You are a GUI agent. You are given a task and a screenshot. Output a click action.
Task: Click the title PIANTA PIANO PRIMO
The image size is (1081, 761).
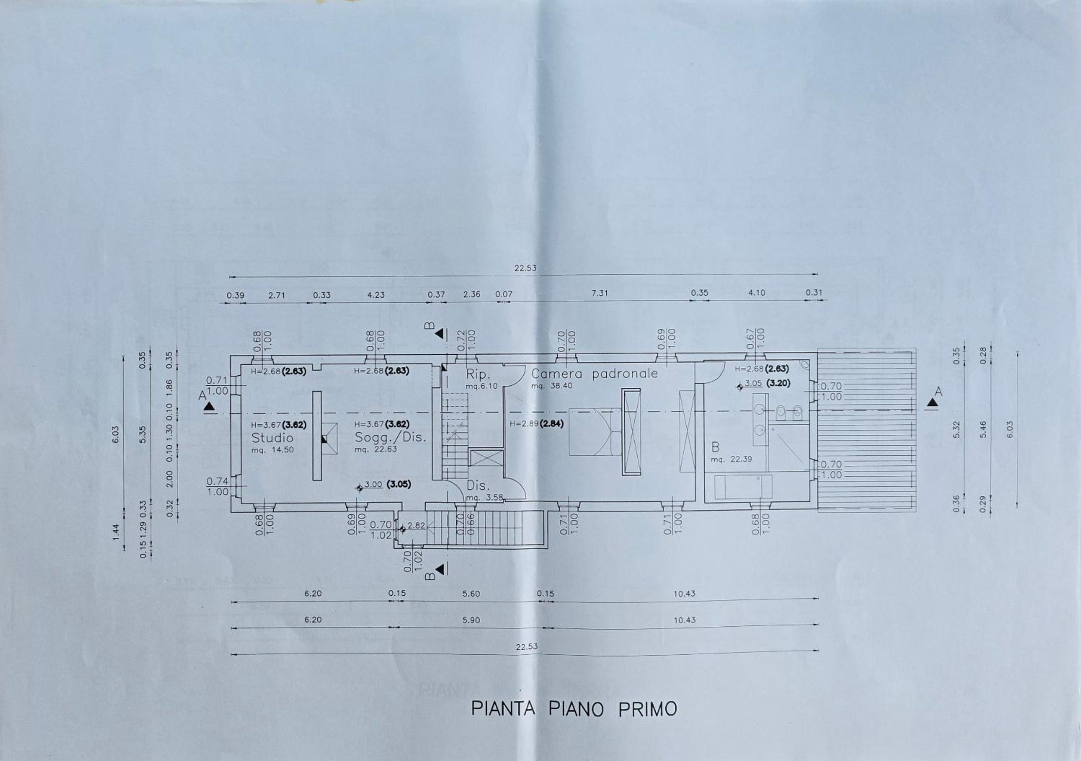[574, 709]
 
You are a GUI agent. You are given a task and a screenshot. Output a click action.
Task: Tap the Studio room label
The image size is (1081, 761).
[272, 438]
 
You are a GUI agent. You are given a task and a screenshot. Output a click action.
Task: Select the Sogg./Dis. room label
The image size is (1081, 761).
[390, 437]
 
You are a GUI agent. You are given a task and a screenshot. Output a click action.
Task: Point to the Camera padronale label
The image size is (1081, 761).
[594, 374]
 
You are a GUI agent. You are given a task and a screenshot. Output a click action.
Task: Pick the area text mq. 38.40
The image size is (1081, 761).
[552, 386]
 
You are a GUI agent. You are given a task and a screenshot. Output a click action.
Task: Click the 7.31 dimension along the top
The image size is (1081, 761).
[599, 293]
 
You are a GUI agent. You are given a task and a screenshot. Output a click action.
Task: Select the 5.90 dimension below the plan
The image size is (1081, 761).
[471, 620]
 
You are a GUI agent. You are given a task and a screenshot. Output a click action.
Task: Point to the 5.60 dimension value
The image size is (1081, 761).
[471, 594]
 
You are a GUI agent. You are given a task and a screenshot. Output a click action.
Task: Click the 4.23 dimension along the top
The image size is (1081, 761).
[376, 295]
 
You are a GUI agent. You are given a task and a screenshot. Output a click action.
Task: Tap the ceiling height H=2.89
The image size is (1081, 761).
[524, 424]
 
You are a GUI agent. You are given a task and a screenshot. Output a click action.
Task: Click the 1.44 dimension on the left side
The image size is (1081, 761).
[116, 532]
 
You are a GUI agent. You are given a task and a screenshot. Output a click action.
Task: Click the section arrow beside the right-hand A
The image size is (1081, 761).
[932, 403]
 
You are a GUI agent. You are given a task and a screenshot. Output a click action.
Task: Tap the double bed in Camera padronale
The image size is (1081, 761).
[595, 432]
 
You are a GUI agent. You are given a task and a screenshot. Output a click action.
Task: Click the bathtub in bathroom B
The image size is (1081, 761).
[743, 487]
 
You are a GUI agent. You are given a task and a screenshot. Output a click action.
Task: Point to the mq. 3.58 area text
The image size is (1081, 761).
[484, 498]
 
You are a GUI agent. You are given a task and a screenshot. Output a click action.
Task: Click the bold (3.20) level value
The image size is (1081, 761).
[778, 383]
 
